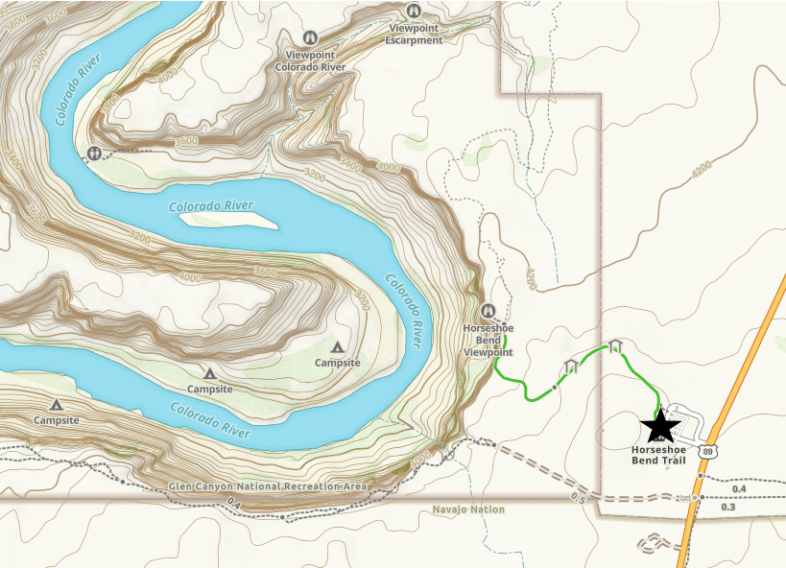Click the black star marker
(x=660, y=425)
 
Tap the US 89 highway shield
(x=706, y=450)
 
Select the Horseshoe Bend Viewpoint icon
(x=488, y=311)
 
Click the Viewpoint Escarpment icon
(x=414, y=12)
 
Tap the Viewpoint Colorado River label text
(x=310, y=60)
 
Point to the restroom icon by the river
(x=94, y=154)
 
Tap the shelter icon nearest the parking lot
(x=615, y=345)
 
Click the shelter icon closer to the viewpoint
(x=572, y=366)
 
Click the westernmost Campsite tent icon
(x=57, y=406)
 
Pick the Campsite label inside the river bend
(x=337, y=363)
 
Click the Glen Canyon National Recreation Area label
(x=268, y=487)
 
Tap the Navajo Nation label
(x=467, y=509)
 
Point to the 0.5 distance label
(x=577, y=497)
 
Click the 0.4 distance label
(x=739, y=489)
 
